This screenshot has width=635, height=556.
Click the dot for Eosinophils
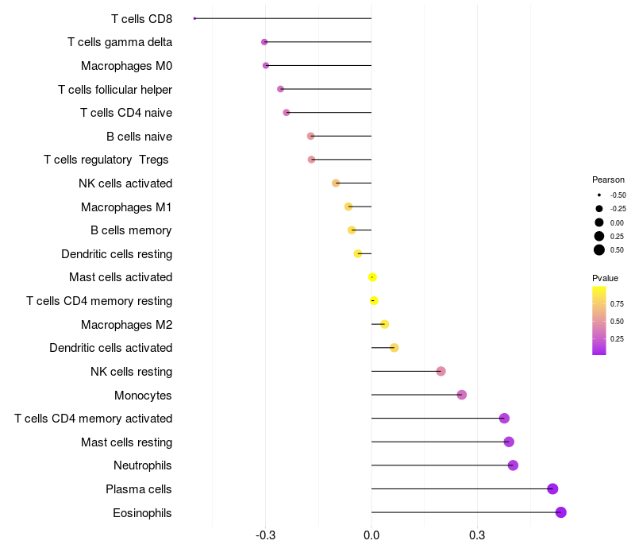click(560, 512)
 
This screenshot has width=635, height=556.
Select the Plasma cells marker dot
click(552, 489)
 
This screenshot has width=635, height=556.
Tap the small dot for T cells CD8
click(194, 18)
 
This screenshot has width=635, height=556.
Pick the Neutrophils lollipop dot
click(513, 465)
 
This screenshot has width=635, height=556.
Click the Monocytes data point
click(462, 395)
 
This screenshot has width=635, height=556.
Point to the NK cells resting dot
click(441, 371)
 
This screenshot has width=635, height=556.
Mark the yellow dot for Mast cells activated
click(372, 277)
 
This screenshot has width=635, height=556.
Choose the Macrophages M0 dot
click(266, 65)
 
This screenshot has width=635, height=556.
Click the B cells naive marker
click(310, 136)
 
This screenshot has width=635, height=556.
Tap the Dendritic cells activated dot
click(394, 348)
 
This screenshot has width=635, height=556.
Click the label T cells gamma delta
click(120, 42)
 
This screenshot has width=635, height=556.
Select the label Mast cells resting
click(126, 442)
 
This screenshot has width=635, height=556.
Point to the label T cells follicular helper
click(115, 89)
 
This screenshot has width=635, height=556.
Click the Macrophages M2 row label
click(126, 325)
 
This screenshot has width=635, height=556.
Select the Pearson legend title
click(608, 180)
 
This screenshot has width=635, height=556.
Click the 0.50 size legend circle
click(598, 250)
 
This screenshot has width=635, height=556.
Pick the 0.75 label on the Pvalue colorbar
click(617, 303)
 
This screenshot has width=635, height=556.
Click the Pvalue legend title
click(605, 278)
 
